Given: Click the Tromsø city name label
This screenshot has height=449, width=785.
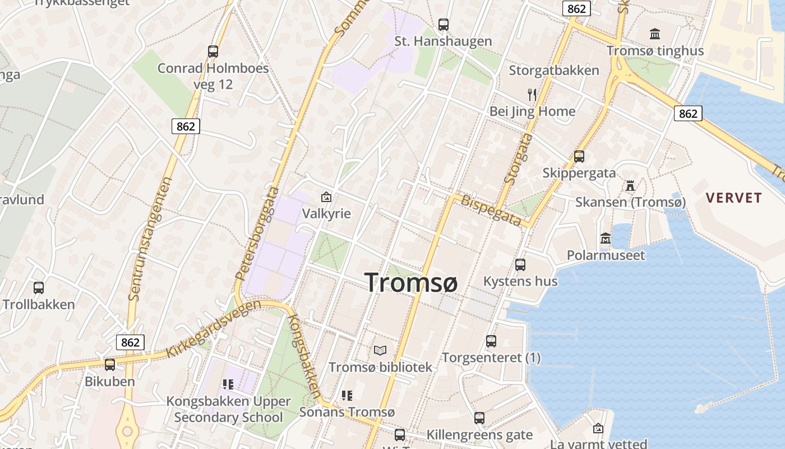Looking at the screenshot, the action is (411, 282).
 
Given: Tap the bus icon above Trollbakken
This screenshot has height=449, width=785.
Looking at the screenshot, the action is (39, 288).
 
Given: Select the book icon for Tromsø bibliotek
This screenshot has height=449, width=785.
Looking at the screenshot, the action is (380, 350).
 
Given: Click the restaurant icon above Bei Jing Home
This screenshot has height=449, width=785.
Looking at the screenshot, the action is (532, 94).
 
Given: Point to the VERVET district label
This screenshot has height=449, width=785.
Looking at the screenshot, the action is (734, 198).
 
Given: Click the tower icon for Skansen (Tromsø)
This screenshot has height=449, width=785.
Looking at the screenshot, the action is (630, 185).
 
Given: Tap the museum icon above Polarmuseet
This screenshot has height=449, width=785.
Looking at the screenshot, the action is (606, 239).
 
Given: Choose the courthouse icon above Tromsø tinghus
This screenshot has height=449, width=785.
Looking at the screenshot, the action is (655, 34).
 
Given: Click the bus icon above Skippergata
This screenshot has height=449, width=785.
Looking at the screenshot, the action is (579, 157).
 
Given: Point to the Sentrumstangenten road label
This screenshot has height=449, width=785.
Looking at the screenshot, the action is (150, 239).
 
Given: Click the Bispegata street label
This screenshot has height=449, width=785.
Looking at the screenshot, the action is (492, 210).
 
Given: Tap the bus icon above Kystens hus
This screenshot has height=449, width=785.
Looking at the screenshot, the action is (520, 264).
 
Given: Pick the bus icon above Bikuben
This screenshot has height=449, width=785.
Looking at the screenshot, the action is (110, 365).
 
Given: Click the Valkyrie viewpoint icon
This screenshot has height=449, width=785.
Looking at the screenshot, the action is (326, 197).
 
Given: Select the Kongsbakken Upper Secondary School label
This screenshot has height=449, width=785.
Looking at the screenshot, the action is (229, 409).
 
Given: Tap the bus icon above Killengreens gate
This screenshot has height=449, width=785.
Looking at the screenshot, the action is (479, 418).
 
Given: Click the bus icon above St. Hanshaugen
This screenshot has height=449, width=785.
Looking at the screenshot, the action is (444, 24).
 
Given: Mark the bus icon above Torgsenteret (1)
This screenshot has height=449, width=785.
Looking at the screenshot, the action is (491, 341).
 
